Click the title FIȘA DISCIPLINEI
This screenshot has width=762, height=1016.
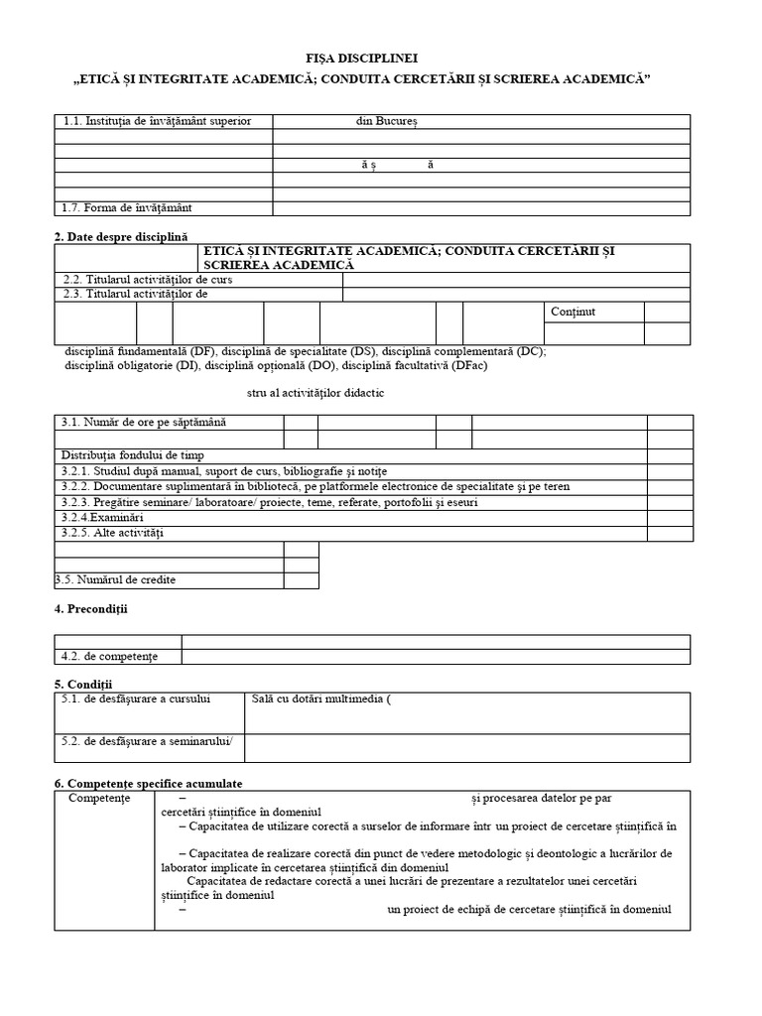(x=382, y=61)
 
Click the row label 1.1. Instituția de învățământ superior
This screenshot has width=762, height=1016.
(x=156, y=121)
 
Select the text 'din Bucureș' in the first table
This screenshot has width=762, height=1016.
(x=388, y=121)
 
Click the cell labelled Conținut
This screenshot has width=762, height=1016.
(x=572, y=312)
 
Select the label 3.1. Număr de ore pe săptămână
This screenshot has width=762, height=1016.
(x=145, y=422)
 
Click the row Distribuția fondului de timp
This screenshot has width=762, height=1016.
(x=132, y=454)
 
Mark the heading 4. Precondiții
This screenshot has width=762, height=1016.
(x=91, y=607)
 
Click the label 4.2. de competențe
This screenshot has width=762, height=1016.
(x=109, y=656)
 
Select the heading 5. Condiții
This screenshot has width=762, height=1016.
(x=84, y=684)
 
